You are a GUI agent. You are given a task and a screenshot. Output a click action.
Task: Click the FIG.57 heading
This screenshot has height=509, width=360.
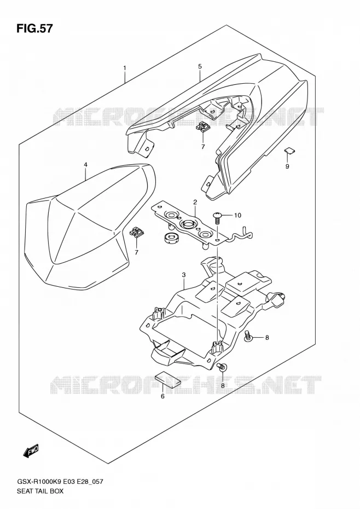coord(34,28)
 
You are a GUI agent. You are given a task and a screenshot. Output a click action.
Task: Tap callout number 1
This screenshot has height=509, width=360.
coord(125,68)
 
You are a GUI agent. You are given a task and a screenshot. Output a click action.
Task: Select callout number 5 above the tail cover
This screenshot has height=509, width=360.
coord(200,67)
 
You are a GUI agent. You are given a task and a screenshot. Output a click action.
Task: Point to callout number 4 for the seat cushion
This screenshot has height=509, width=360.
coord(85,165)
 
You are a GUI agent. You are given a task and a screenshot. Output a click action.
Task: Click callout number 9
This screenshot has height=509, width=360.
coord(287,166)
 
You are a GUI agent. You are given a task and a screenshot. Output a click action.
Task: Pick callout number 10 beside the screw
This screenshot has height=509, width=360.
coord(237,215)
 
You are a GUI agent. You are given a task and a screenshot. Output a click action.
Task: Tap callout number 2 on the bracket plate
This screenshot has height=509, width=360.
coord(195,203)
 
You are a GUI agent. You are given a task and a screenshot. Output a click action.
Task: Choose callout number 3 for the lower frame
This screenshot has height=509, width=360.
coord(184,275)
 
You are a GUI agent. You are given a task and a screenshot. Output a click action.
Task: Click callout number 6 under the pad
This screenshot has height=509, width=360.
coord(162,396)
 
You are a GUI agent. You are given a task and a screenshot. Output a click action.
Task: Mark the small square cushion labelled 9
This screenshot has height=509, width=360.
coord(289,150)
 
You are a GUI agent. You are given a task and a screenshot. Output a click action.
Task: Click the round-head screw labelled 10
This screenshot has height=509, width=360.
coord(218,217)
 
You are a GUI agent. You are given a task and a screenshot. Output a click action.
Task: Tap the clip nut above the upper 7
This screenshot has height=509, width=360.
coord(204,126)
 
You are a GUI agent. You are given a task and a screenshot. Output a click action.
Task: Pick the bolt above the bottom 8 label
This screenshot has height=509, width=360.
coord(222,367)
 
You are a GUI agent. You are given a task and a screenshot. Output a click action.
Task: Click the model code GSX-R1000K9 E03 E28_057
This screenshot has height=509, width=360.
coord(60,482)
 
